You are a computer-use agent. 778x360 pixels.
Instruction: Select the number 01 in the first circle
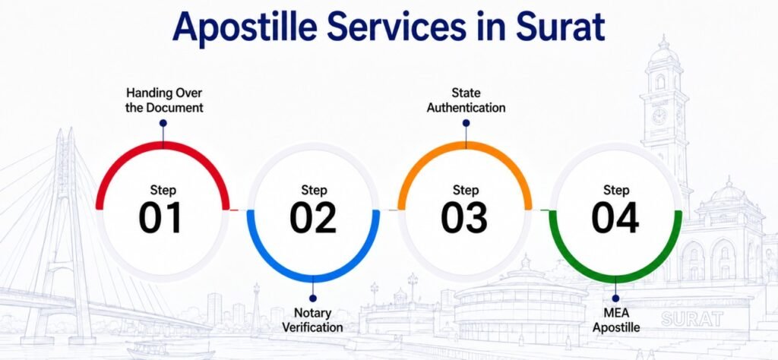click(x=160, y=218)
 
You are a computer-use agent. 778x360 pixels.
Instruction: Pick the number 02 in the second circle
click(x=313, y=218)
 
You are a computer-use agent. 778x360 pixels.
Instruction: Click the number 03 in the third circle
click(x=464, y=218)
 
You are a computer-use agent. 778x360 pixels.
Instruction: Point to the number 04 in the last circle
click(x=615, y=218)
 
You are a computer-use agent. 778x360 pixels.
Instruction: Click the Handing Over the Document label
click(x=164, y=100)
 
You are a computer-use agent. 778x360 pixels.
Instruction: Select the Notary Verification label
click(x=312, y=320)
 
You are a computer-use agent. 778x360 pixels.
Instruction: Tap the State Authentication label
click(x=466, y=100)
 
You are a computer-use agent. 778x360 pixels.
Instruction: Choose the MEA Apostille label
click(x=615, y=320)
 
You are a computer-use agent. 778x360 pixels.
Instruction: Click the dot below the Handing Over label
click(x=163, y=123)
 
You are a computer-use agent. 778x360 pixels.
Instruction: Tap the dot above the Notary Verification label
click(x=312, y=298)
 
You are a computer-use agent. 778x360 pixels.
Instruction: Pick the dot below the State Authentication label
click(x=466, y=123)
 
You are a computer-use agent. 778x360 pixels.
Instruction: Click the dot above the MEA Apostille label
click(x=615, y=298)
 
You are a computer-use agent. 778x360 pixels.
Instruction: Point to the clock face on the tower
click(x=659, y=116)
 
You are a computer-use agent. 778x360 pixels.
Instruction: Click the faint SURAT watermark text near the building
click(x=691, y=319)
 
